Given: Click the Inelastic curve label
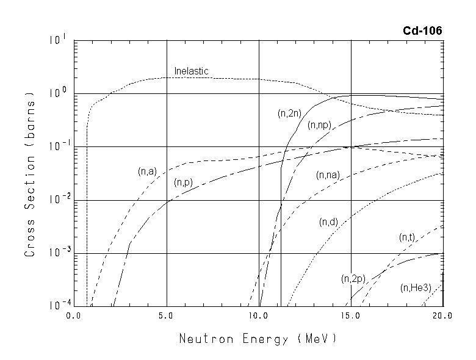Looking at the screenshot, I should (191, 71).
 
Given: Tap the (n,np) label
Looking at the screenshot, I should (319, 126).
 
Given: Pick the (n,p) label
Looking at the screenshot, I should (184, 182).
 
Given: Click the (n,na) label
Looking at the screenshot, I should (328, 175).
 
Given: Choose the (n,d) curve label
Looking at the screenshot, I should (329, 222).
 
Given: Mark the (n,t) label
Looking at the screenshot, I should (407, 237).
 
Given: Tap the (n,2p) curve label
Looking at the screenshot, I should (353, 279).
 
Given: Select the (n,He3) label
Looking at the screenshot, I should (414, 287).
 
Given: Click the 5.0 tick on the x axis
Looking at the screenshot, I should (167, 316).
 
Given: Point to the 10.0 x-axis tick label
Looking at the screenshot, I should (259, 316).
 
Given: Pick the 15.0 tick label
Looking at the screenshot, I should (352, 316).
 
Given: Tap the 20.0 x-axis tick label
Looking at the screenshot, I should (443, 316).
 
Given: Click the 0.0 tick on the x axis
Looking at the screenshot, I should (74, 316).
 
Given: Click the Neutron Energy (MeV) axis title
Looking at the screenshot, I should (258, 338).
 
